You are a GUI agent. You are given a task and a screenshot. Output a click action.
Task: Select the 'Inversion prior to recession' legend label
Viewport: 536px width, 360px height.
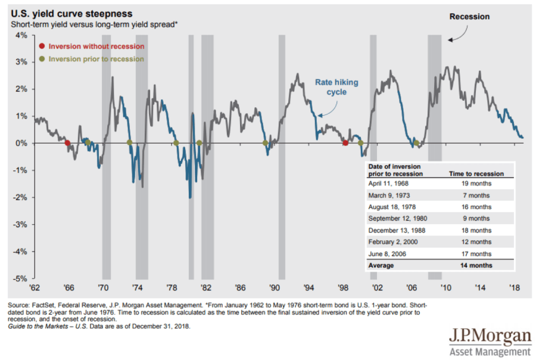(x=96, y=59)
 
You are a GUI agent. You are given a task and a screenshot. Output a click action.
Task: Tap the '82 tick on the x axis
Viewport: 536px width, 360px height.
(x=206, y=287)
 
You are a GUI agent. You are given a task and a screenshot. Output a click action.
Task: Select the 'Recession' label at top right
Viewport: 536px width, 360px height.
(x=469, y=17)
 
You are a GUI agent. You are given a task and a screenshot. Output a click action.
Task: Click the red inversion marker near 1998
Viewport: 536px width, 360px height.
(x=345, y=143)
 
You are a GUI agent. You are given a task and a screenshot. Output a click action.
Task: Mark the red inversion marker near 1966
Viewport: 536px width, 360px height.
(x=67, y=143)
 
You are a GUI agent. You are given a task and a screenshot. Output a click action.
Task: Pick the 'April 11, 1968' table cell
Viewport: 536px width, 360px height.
(x=388, y=184)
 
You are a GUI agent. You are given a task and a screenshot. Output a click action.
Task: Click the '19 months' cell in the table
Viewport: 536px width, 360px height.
(x=476, y=184)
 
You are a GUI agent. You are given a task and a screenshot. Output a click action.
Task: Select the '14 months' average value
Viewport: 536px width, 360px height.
(x=476, y=264)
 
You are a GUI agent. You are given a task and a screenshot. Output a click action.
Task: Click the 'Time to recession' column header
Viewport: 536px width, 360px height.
(x=476, y=173)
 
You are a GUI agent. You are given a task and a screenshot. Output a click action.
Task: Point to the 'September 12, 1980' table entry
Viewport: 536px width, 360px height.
(x=398, y=218)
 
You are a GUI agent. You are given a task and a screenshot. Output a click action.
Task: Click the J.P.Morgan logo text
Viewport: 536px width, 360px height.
(x=490, y=336)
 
